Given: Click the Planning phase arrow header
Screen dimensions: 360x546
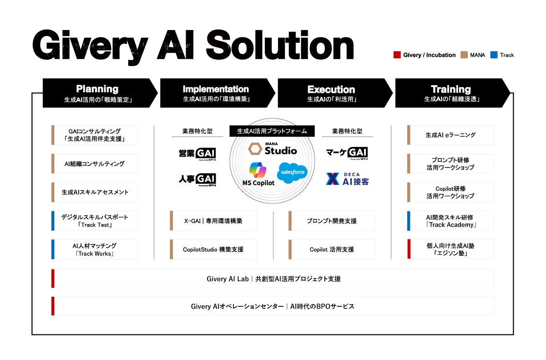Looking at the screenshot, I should (97, 93).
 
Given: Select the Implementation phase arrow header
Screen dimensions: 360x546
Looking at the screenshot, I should (216, 93).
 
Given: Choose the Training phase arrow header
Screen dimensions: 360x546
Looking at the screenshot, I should (450, 93).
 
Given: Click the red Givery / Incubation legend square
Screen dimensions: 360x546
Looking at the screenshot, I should (397, 55).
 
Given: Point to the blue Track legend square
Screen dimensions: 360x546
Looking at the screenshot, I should (494, 55).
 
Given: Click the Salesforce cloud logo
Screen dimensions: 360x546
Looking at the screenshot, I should (292, 173).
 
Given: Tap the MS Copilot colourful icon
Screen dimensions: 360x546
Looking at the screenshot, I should (258, 169).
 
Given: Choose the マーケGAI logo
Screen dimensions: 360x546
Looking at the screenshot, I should (347, 153).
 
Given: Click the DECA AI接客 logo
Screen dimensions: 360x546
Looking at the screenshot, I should (348, 179).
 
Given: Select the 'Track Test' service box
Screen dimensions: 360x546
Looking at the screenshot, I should (95, 221).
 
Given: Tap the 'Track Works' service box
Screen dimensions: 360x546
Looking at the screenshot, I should (95, 249).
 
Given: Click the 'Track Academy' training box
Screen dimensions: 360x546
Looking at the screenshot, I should (450, 221).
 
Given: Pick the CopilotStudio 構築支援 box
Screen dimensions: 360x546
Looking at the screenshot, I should (213, 249).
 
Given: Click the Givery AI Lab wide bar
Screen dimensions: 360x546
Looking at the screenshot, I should (273, 279).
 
